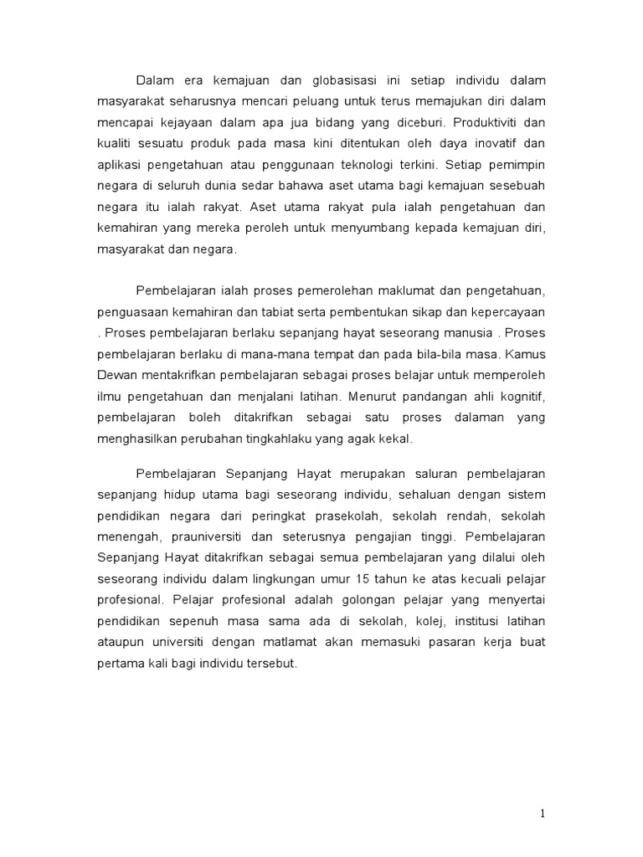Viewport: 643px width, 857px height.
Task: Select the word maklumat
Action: [384, 290]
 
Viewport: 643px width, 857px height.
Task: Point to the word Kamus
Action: [527, 354]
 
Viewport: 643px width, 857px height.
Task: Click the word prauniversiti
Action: [209, 536]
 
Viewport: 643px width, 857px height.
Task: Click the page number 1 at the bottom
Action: [543, 813]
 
